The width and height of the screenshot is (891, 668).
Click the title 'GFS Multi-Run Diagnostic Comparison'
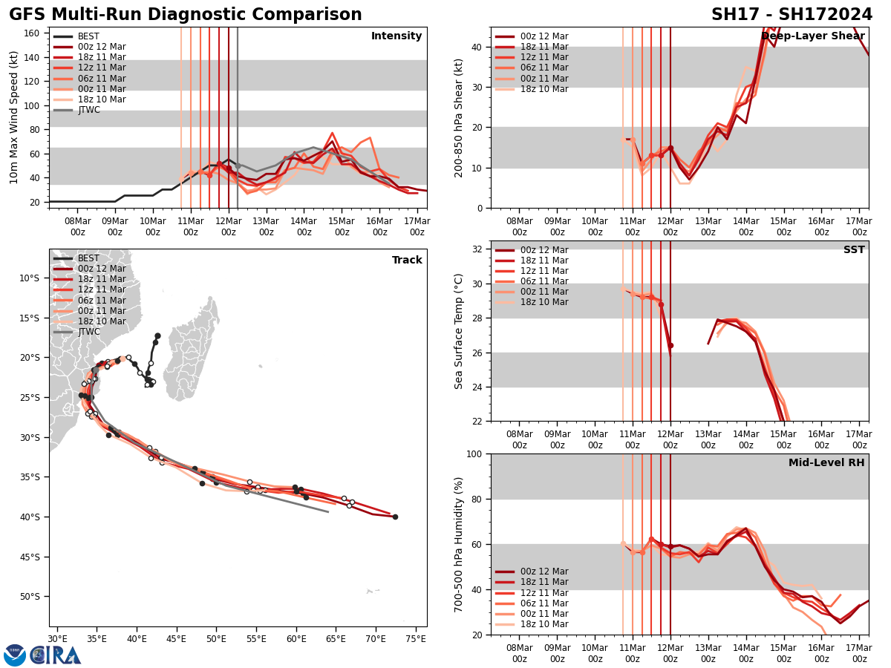(x=186, y=15)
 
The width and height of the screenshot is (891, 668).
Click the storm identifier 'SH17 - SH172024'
(x=792, y=15)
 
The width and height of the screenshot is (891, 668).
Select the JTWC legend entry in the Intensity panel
(x=89, y=111)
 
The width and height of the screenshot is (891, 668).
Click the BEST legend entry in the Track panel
(x=88, y=258)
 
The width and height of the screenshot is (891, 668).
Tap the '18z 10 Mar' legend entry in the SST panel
(x=544, y=302)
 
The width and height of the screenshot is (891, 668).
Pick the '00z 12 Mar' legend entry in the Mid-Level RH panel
(x=544, y=572)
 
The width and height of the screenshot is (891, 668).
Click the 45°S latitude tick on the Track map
(x=33, y=557)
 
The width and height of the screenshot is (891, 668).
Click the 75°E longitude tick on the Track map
(x=415, y=638)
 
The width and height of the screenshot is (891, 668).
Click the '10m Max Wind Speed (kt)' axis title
(x=13, y=117)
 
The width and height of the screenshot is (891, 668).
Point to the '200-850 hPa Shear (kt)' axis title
(x=459, y=117)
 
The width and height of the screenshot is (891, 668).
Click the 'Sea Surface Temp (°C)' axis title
(x=459, y=331)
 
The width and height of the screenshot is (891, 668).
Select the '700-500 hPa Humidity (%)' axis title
(x=459, y=544)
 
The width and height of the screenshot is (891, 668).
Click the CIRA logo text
(x=56, y=655)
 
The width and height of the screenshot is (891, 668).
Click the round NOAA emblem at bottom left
(x=15, y=655)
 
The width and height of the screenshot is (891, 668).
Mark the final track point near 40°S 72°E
(x=395, y=517)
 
